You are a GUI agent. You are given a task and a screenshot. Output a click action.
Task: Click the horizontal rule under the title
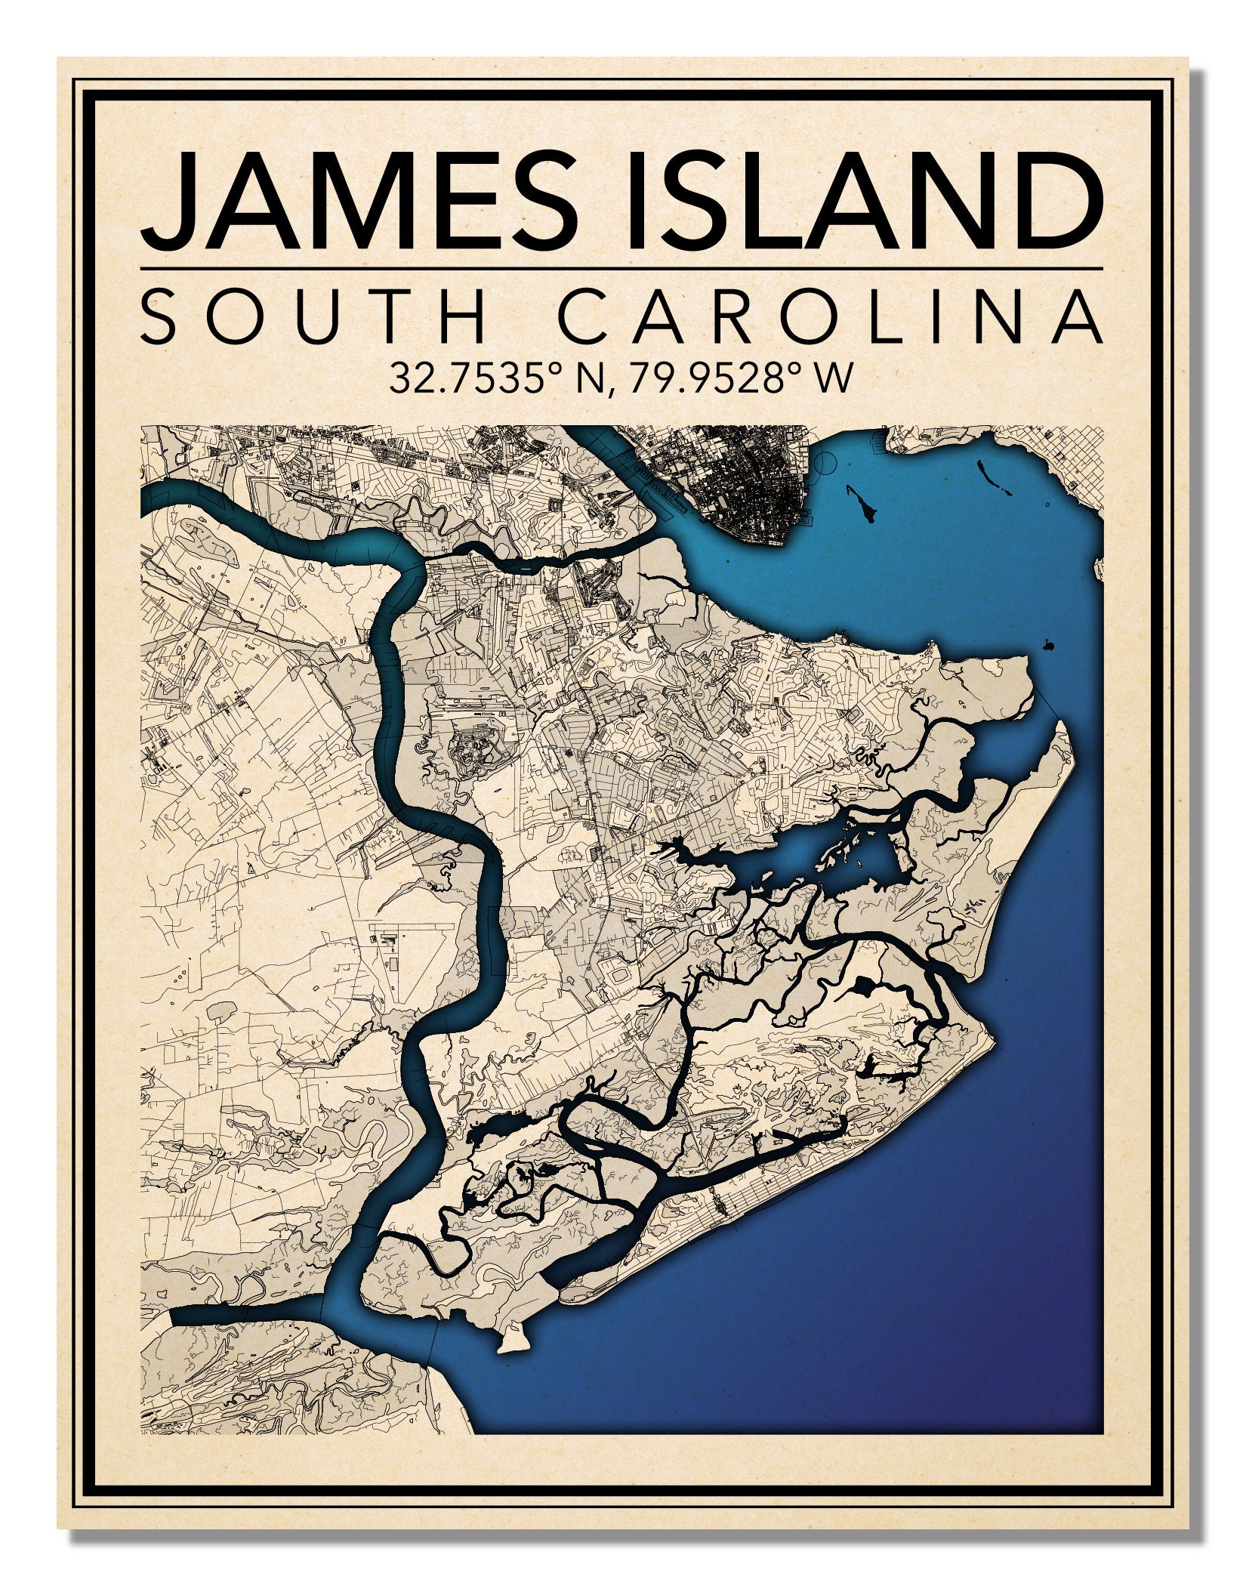[621, 268]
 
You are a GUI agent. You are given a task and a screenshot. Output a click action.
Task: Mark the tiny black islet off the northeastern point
[1047, 645]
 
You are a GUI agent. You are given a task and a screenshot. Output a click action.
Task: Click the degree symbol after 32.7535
[557, 368]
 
